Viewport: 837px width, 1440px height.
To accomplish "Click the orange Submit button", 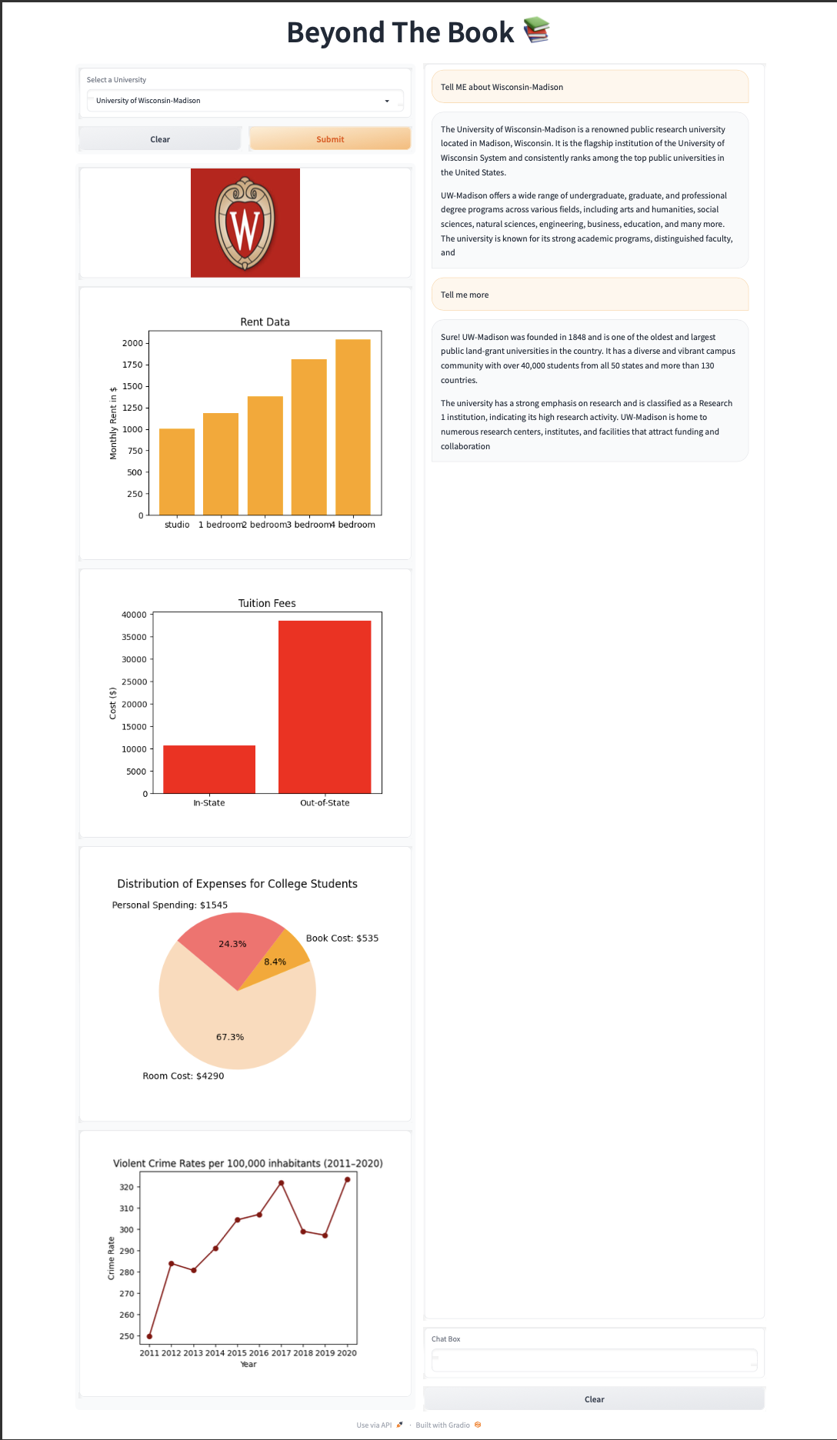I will click(x=330, y=139).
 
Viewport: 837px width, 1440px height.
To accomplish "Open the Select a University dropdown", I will click(x=245, y=101).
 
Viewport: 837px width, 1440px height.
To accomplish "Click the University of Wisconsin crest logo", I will click(x=245, y=223).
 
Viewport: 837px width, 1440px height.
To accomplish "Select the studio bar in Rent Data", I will click(x=177, y=472).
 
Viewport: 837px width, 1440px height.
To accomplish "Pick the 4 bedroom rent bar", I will click(x=353, y=427).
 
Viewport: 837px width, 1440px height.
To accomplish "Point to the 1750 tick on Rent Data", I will click(x=132, y=365).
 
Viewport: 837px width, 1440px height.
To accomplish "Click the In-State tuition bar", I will click(x=209, y=769).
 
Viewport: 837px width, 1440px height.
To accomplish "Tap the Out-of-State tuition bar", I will click(x=325, y=707).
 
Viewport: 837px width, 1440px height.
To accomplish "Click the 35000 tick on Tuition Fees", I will click(x=134, y=637).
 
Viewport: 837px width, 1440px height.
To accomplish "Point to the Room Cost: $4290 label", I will click(x=183, y=1076).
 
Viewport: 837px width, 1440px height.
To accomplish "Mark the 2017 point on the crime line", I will click(x=282, y=1183).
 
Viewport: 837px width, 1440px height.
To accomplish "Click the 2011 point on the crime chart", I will click(x=149, y=1336).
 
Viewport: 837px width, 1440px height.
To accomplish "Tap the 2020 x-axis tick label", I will click(x=347, y=1353).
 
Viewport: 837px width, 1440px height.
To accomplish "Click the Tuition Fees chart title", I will click(x=267, y=604).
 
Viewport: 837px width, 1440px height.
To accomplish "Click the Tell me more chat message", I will click(x=589, y=295).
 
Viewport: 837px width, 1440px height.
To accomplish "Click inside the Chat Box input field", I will click(x=594, y=1360).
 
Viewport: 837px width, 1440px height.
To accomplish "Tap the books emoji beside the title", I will click(x=536, y=31).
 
